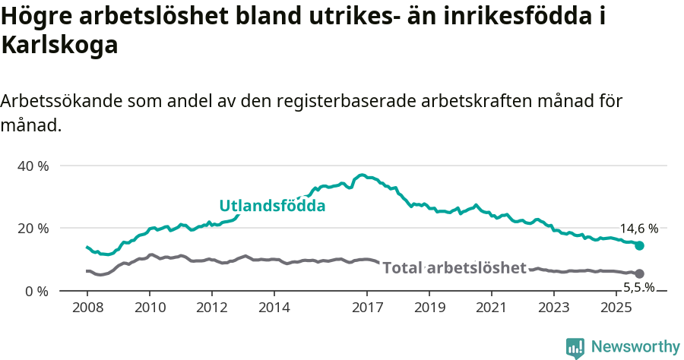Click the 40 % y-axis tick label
tap(33, 166)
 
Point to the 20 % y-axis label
tap(33, 228)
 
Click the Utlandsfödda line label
tap(272, 206)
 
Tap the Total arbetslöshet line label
tap(454, 267)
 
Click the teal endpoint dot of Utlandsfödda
tap(639, 245)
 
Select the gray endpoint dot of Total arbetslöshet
tap(639, 273)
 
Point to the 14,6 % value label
tap(638, 228)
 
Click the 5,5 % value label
tap(638, 287)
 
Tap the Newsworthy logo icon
tap(575, 347)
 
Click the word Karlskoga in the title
tap(60, 46)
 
